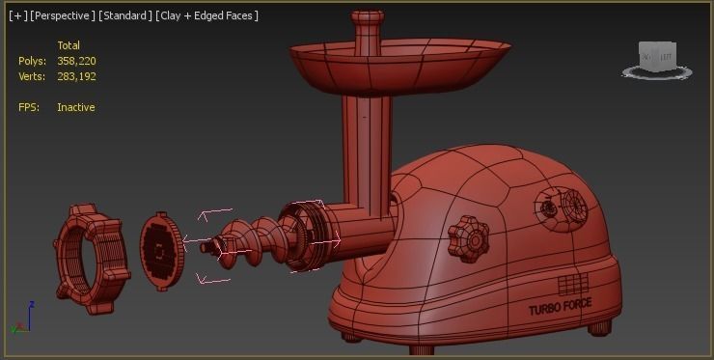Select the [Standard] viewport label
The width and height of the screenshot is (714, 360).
(125, 15)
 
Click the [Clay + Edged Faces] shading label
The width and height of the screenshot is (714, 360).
(206, 15)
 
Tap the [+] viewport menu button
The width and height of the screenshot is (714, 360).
(17, 15)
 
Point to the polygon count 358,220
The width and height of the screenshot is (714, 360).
(76, 61)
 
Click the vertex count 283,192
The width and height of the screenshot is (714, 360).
(76, 76)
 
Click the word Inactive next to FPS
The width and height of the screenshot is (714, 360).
(75, 107)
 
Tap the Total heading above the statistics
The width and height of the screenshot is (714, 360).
(69, 45)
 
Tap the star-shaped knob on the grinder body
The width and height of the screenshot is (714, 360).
(469, 235)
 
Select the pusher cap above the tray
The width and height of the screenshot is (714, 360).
(367, 20)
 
